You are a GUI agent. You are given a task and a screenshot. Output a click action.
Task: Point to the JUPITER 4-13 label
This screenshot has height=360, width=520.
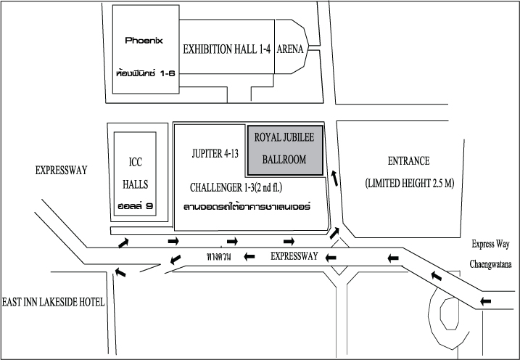pos(215,154)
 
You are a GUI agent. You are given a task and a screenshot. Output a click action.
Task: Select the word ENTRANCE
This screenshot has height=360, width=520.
pos(409,161)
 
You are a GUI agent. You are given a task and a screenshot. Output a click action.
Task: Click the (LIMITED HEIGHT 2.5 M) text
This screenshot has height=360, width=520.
pos(410,183)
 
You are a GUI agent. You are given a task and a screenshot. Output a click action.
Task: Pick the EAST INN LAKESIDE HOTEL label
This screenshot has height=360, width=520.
pos(53,301)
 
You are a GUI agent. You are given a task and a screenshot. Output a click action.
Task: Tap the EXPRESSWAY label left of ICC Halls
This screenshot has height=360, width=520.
pos(62,171)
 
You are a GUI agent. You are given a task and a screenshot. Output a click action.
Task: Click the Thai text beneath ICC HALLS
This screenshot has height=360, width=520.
pos(137,206)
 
